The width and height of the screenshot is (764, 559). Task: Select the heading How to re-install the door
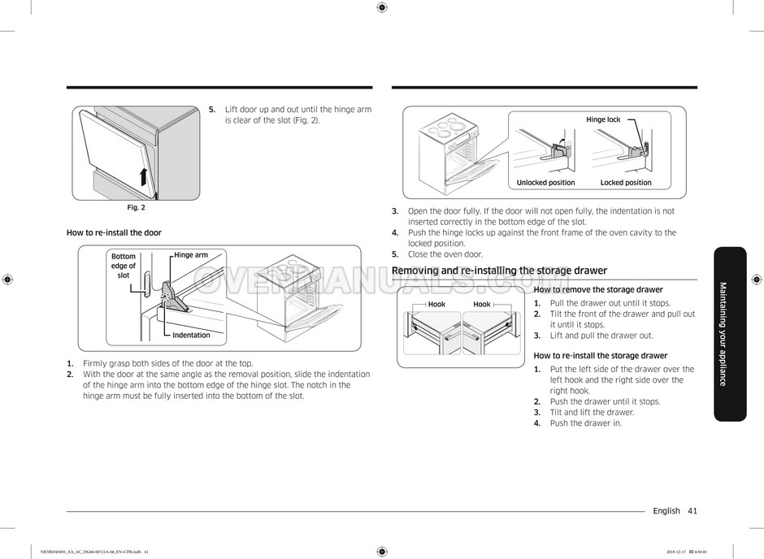point(114,232)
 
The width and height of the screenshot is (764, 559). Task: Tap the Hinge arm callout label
point(191,255)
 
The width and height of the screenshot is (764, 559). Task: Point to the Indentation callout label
point(191,335)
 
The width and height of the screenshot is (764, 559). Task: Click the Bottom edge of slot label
point(124,266)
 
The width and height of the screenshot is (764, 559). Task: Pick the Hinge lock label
point(603,119)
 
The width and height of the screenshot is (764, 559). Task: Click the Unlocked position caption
point(545,183)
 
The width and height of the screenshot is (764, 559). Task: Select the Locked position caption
point(626,183)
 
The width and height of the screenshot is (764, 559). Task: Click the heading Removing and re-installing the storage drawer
point(499,271)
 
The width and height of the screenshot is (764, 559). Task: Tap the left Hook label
point(436,305)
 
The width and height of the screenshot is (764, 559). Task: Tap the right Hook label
point(482,305)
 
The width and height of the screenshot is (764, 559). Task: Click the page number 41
point(692,511)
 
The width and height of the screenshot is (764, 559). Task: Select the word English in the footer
point(666,511)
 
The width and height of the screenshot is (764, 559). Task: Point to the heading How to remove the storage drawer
point(598,289)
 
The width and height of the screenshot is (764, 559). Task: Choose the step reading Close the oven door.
point(445,254)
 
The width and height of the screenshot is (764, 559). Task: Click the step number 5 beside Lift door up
point(212,110)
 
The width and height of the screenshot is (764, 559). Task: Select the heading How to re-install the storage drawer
point(600,356)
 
